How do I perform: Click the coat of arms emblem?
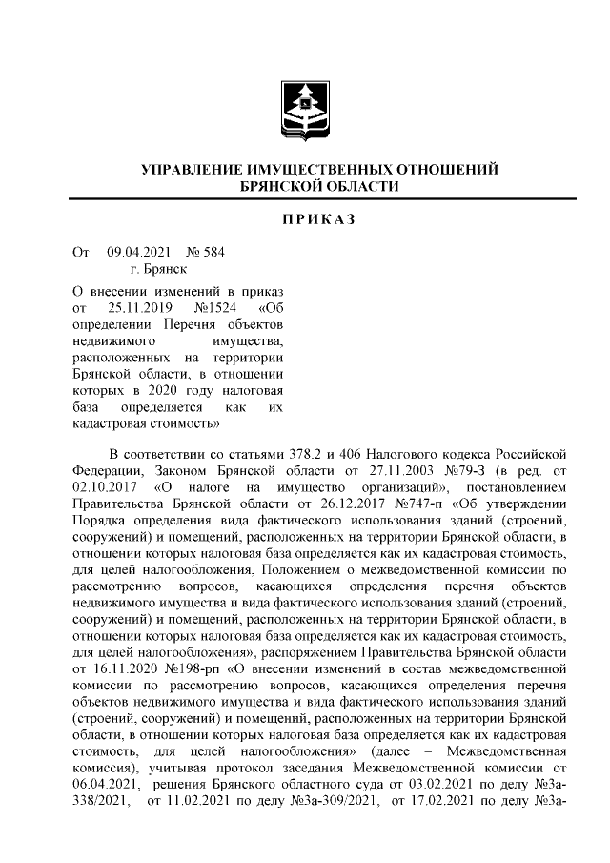coord(305,111)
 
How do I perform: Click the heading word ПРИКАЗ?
coord(305,220)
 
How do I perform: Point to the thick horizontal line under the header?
coord(305,198)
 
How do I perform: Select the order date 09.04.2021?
coord(139,253)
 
